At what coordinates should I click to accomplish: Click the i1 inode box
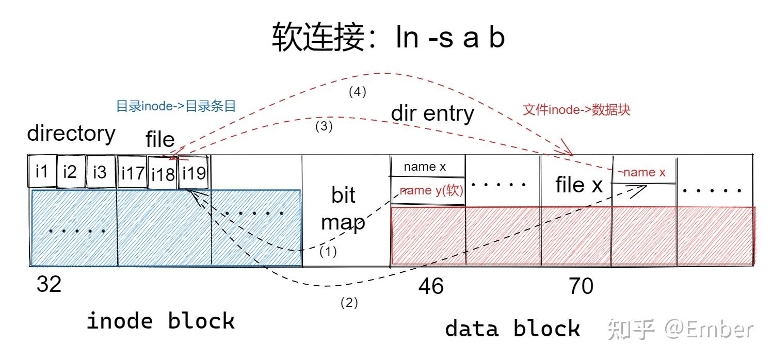point(41,171)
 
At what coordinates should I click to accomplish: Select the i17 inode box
point(132,173)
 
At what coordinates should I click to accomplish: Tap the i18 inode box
point(163,174)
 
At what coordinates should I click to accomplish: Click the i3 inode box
point(100,171)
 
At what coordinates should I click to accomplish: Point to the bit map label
point(343,208)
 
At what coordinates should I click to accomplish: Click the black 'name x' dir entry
point(425,167)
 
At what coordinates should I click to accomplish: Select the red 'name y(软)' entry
point(431,190)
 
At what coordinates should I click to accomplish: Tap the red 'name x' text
point(644,173)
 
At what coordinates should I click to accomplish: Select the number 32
point(49,284)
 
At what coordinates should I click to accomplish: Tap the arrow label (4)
point(357,92)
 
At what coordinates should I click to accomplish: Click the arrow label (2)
point(349,303)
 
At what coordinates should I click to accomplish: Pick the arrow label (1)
point(328,252)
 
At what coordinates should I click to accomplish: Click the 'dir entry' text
point(432,113)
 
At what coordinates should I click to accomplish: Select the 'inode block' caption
point(160,321)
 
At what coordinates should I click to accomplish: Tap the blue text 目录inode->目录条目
point(175,107)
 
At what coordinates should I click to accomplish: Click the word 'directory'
point(71,133)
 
